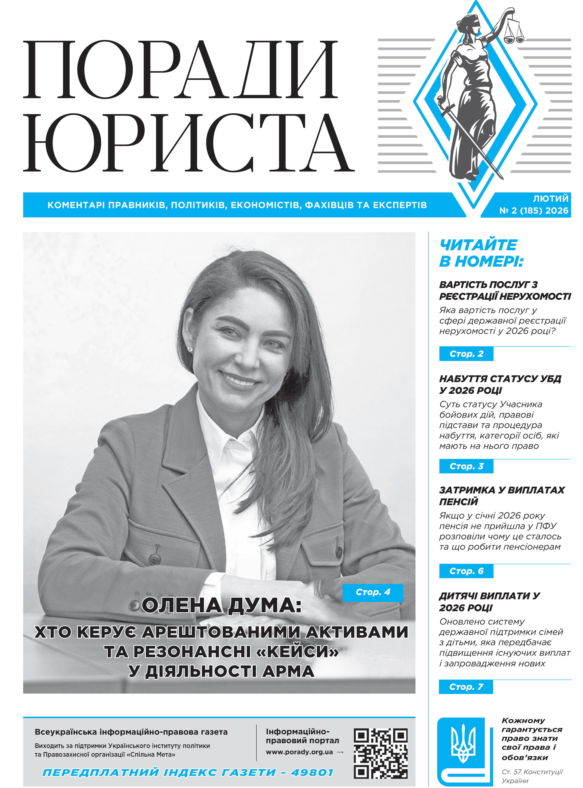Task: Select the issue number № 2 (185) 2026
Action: (534, 211)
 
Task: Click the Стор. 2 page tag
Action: (466, 354)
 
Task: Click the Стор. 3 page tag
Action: (466, 466)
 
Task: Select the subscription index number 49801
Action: (312, 773)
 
